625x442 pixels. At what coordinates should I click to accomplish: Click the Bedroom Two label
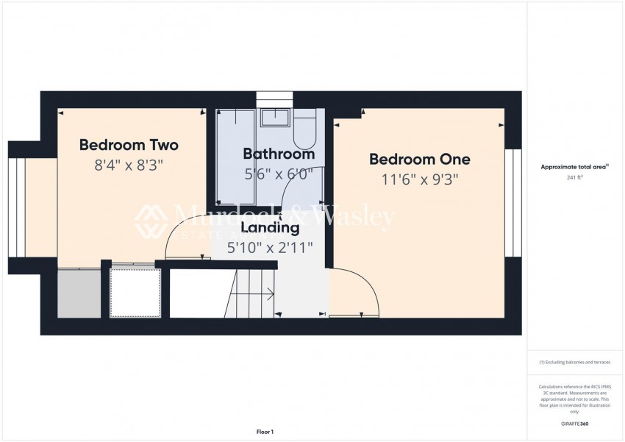129,144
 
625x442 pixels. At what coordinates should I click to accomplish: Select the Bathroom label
279,154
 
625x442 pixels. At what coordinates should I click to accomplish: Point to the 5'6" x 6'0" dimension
279,174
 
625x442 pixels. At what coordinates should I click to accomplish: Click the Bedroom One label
419,159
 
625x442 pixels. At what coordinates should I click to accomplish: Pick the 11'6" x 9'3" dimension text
419,179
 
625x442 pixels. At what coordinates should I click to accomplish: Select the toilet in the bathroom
304,132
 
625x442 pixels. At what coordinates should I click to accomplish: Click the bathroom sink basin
275,118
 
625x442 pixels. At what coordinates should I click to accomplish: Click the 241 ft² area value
574,177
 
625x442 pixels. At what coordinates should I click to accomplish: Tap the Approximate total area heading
574,168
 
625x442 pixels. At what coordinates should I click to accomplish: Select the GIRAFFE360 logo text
574,424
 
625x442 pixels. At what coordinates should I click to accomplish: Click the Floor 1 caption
264,432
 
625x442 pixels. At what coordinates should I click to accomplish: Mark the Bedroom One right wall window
512,202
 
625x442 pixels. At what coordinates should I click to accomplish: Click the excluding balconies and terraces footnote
574,362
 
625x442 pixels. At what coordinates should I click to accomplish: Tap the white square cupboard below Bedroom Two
135,293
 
